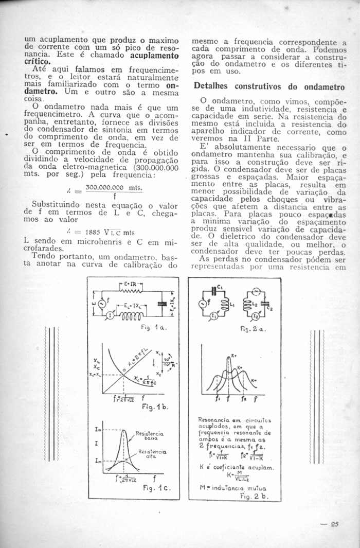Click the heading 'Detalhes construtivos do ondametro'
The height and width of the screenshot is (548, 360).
(x=268, y=87)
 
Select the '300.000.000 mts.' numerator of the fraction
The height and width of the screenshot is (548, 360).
(x=114, y=189)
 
